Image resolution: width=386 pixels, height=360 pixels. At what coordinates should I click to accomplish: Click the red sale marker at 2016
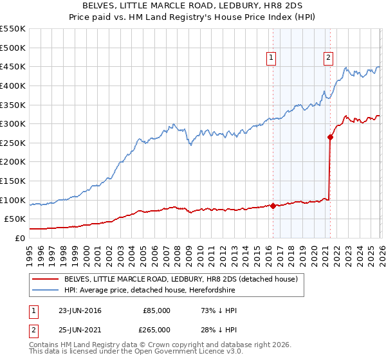pos(273,206)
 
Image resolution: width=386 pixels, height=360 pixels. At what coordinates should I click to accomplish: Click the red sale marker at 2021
pos(330,136)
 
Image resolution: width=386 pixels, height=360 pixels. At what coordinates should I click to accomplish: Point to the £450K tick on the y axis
pos(13,66)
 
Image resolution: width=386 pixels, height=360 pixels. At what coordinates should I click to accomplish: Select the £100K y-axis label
pos(13,200)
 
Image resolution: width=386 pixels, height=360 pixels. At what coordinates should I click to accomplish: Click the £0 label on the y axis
pos(19,238)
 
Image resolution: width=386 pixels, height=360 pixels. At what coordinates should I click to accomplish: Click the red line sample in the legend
pos(46,280)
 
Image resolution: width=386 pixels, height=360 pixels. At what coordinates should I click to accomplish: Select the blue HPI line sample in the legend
pos(46,290)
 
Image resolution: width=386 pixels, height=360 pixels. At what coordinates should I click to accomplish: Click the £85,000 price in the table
pos(156,310)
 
